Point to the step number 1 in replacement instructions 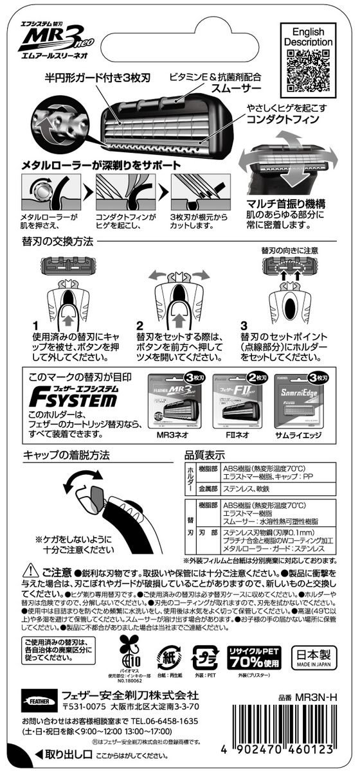[36, 326]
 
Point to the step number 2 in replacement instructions [139, 326]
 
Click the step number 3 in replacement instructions [243, 326]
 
